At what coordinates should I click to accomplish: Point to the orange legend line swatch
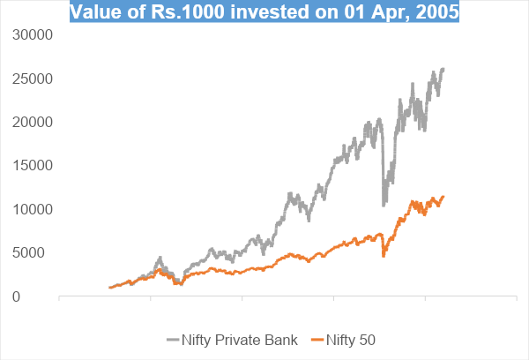(x=318, y=340)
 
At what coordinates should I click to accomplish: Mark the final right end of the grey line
(x=443, y=69)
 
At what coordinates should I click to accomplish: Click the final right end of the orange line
(x=443, y=196)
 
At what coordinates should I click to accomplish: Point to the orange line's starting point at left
(x=109, y=288)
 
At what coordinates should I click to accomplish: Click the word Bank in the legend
(x=281, y=340)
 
